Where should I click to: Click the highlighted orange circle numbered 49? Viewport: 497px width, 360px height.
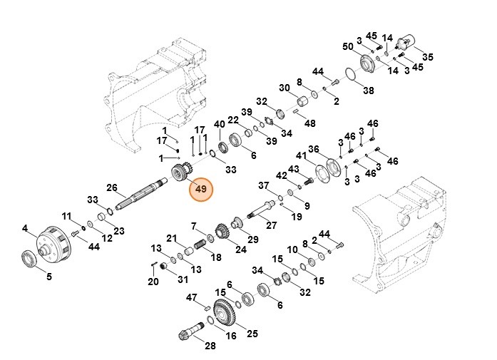tap(201, 190)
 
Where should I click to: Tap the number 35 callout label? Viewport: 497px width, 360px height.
tap(428, 57)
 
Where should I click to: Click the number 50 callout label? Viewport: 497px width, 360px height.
tap(348, 46)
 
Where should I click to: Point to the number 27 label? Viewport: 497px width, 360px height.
tap(271, 225)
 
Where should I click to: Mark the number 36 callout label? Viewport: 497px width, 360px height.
tap(314, 148)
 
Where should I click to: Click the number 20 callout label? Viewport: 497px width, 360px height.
tap(153, 282)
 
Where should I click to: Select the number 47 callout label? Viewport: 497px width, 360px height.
tap(192, 297)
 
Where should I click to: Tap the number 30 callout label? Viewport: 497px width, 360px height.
tap(285, 88)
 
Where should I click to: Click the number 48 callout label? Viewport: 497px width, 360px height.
tap(310, 123)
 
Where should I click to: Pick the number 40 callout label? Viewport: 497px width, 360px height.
tap(219, 124)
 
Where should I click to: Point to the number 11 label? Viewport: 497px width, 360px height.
tap(66, 216)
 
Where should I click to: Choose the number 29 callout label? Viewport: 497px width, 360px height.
tap(253, 238)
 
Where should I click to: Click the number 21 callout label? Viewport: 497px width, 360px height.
tap(172, 238)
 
